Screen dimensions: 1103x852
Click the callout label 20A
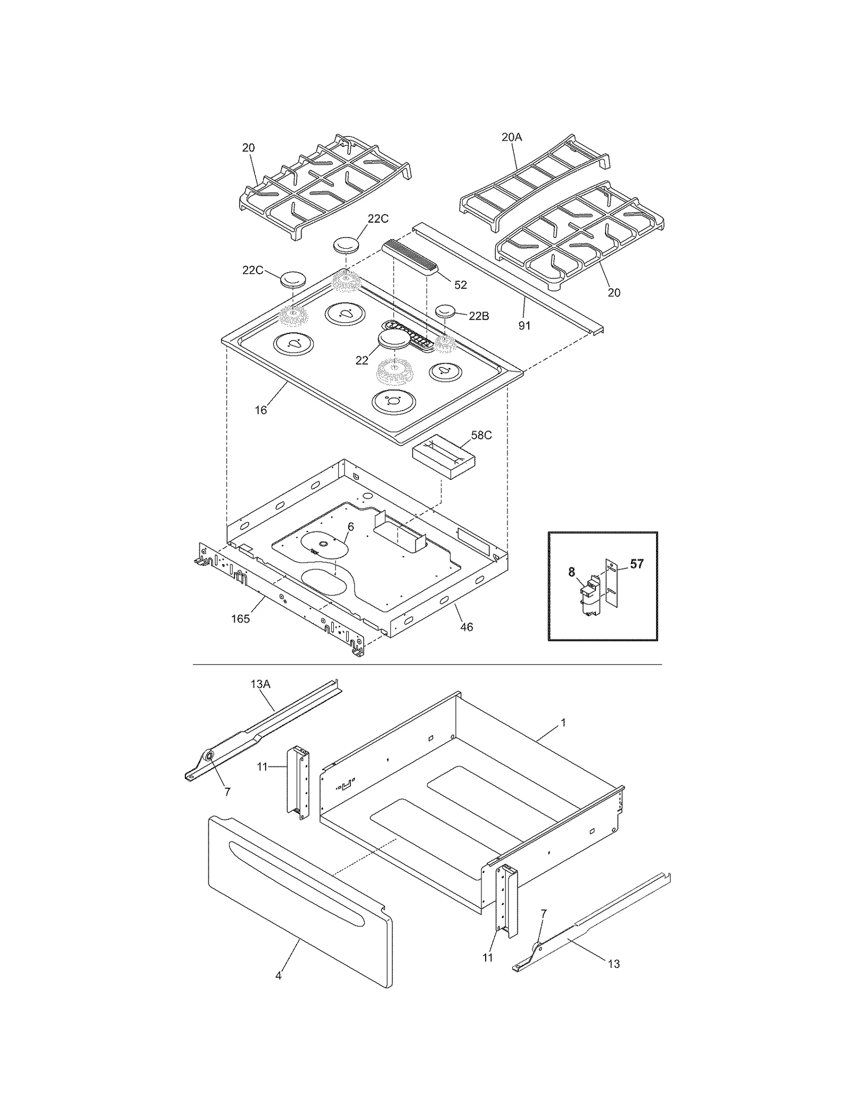[511, 137]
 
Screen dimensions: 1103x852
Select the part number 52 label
[460, 285]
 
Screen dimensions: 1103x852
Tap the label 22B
[479, 316]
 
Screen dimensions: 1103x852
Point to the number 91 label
[525, 325]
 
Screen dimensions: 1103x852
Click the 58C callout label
[481, 435]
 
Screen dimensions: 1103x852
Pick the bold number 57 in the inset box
[637, 564]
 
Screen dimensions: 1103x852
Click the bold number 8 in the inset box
[571, 573]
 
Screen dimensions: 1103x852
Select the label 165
[240, 619]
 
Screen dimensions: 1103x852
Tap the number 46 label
[466, 627]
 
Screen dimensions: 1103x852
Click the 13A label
[260, 684]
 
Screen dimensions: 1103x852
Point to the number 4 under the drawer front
[278, 976]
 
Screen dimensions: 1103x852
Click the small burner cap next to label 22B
[445, 311]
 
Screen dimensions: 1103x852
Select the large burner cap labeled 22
[394, 340]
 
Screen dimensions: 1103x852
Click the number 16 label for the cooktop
[260, 410]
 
